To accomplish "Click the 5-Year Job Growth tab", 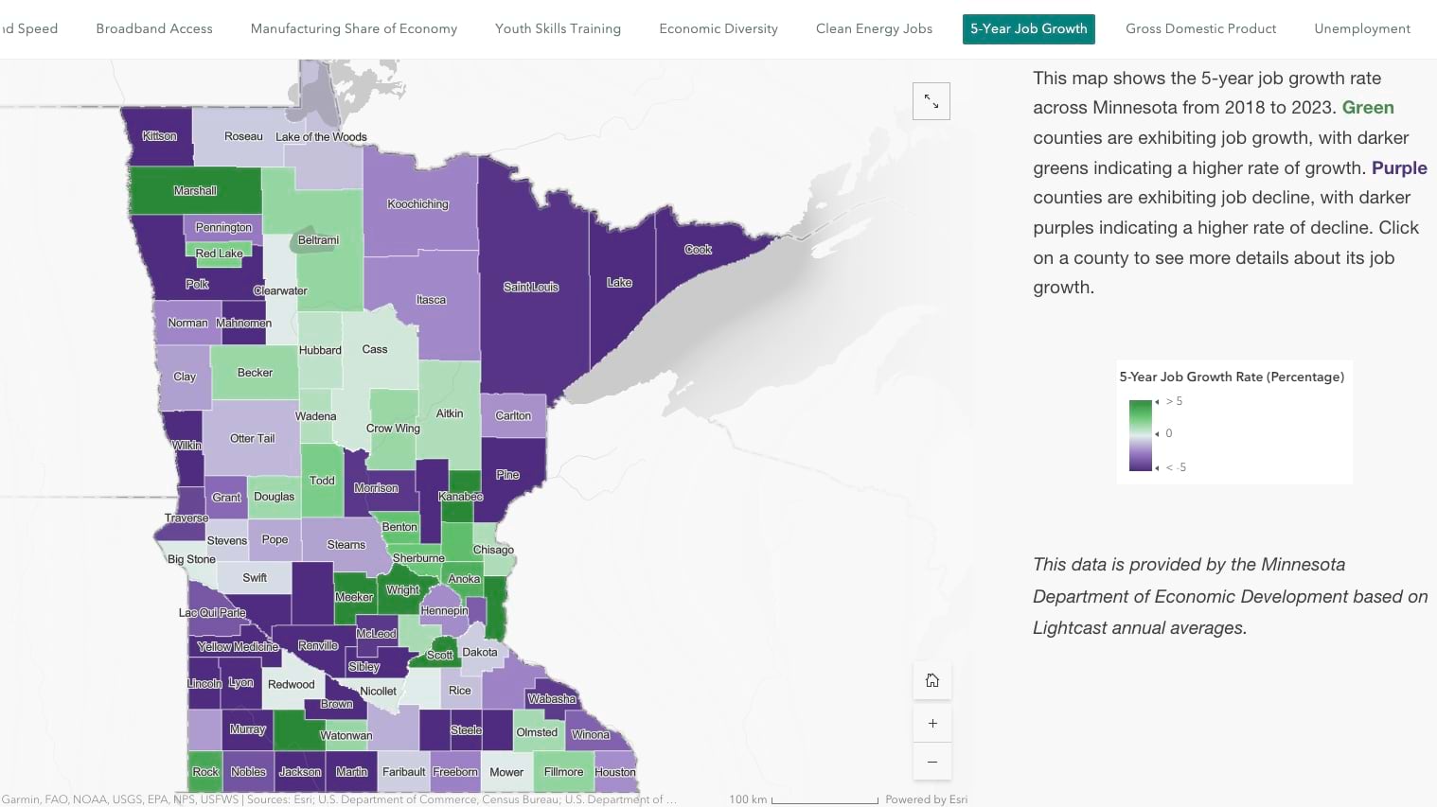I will pos(1028,28).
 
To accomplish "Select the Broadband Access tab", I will pos(154,28).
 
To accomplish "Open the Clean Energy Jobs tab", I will pos(874,28).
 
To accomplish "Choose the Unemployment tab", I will pos(1361,28).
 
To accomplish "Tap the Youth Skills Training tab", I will pos(558,28).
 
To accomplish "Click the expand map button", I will pos(931,101).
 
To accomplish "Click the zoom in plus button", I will pos(932,724).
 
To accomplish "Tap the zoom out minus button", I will pos(932,762).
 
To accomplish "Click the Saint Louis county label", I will pos(531,287).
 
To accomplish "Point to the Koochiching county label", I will pos(417,204).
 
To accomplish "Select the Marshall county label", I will pos(195,191).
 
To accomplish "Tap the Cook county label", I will pos(698,250).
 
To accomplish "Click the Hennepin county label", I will pos(444,611).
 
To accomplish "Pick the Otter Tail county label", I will pos(252,439).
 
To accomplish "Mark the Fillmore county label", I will pos(563,772).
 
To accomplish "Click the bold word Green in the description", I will pos(1367,108).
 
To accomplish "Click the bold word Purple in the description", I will pos(1398,168).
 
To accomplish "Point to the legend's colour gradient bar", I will pos(1141,435).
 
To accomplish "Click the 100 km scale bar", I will pos(824,800).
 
